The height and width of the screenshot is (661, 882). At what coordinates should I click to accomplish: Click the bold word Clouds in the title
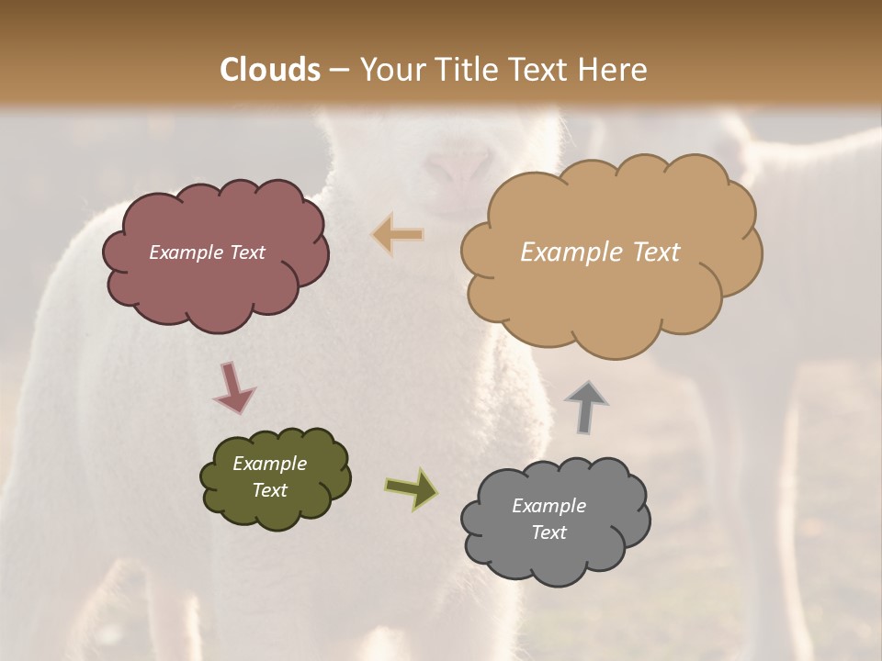[x=270, y=70]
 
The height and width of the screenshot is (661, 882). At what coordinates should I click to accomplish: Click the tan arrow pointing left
[x=398, y=235]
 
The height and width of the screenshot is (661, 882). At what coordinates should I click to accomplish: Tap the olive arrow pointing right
[x=412, y=487]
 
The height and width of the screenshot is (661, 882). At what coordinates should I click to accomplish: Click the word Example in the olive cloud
[x=269, y=464]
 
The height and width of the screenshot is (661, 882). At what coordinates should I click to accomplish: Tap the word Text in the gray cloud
[x=548, y=532]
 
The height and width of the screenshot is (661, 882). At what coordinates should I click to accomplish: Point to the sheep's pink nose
[x=459, y=168]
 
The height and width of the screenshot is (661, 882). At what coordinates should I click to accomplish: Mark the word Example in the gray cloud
[x=548, y=506]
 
